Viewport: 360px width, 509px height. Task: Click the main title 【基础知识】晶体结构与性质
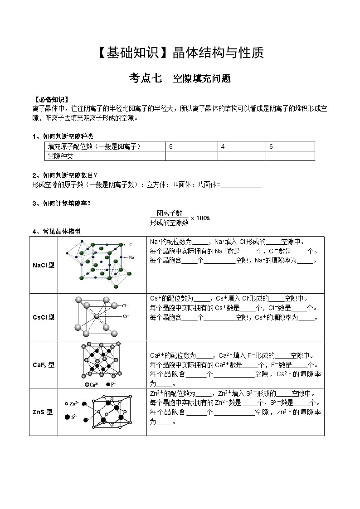pyautogui.click(x=180, y=53)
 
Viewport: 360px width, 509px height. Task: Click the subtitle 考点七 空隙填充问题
pyautogui.click(x=180, y=78)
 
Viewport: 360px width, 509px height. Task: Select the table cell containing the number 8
pyautogui.click(x=191, y=146)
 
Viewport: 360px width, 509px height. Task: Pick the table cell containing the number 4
pyautogui.click(x=241, y=146)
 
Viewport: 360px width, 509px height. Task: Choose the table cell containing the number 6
pyautogui.click(x=290, y=146)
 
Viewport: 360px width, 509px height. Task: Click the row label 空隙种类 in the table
pyautogui.click(x=61, y=156)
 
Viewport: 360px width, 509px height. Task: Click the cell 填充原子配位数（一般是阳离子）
pyautogui.click(x=94, y=146)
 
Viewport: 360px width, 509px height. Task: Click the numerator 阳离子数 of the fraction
pyautogui.click(x=169, y=213)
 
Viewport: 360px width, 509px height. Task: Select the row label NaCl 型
pyautogui.click(x=44, y=265)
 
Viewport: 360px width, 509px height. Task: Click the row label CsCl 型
pyautogui.click(x=44, y=317)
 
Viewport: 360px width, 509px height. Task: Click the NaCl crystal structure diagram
pyautogui.click(x=101, y=265)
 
